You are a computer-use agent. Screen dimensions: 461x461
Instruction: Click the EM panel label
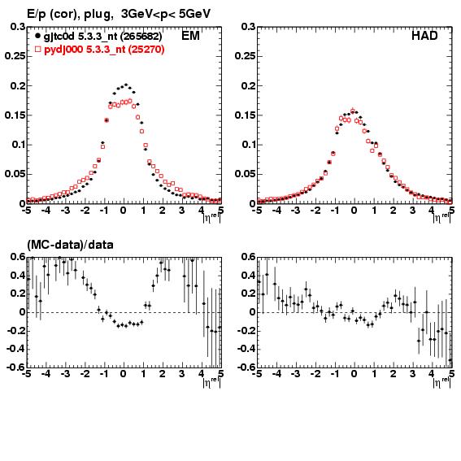190,36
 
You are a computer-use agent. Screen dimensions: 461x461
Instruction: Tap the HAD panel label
424,36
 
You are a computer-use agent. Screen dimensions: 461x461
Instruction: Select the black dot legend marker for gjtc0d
37,36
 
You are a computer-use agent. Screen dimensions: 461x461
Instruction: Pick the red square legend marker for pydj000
37,49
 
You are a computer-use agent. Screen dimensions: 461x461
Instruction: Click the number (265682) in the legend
141,36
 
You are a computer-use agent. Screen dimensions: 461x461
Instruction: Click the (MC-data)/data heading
70,245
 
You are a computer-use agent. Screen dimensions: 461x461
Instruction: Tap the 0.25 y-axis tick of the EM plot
15,56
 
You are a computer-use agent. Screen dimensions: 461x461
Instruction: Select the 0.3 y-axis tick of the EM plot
18,27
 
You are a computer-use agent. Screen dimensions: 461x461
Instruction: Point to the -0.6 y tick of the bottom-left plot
15,367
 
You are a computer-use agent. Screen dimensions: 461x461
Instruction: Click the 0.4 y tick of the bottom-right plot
249,276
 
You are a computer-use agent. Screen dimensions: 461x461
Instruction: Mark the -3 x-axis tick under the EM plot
65,211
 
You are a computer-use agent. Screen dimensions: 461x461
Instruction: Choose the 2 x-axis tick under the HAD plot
394,211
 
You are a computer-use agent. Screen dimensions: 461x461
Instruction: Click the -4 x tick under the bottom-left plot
46,374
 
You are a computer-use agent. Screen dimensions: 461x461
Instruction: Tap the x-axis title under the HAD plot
441,218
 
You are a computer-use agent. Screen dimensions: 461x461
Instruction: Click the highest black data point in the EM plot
126,85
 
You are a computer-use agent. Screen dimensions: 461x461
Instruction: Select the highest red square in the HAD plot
353,111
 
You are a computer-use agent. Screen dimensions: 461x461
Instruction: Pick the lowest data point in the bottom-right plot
450,359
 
